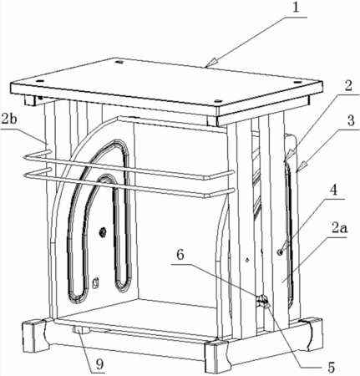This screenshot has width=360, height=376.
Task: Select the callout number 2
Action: coord(347,87)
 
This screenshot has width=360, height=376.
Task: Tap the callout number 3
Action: coord(351,121)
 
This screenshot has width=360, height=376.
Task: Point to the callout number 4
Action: coord(333,191)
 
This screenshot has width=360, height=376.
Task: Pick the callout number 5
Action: coord(331,368)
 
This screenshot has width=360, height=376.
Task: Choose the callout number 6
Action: coord(180,255)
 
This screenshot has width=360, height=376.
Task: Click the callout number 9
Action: coord(99,363)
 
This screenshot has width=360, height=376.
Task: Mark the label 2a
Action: coord(339,229)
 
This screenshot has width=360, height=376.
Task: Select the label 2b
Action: coord(9,119)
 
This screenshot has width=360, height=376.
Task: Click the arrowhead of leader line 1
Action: coord(210,63)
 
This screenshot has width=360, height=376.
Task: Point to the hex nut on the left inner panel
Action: coord(103,231)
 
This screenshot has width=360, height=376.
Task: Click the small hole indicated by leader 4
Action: coord(280,252)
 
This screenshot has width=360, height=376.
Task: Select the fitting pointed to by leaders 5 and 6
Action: coord(261,301)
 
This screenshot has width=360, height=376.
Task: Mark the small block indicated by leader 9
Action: coord(81,330)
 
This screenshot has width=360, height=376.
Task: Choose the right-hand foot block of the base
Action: coord(313,335)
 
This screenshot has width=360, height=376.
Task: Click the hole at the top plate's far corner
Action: coord(120,62)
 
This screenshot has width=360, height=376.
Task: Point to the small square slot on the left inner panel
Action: coord(95,283)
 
